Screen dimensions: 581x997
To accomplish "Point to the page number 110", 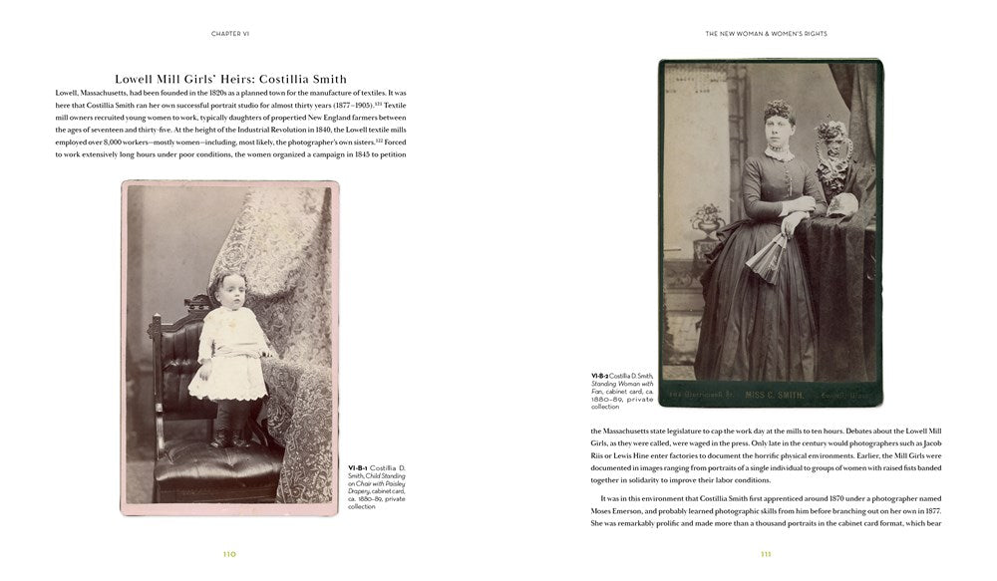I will point(229,554).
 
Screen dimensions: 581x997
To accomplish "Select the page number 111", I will point(766,554).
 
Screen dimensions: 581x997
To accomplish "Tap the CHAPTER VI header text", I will point(230,33).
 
